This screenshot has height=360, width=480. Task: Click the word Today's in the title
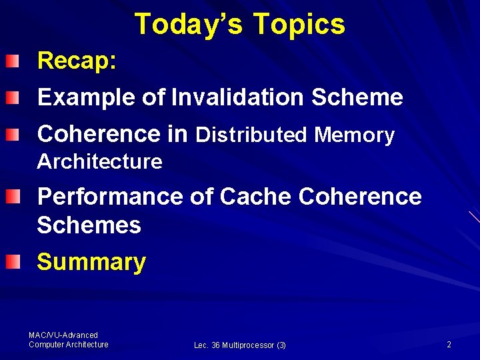pyautogui.click(x=189, y=24)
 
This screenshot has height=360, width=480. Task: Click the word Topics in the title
pyautogui.click(x=299, y=25)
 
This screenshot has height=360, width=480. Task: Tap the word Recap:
pyautogui.click(x=77, y=61)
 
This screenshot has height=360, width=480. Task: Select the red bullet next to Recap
pyautogui.click(x=13, y=63)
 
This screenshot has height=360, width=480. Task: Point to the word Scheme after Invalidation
pyautogui.click(x=357, y=98)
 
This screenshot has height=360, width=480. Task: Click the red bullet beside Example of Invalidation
pyautogui.click(x=13, y=99)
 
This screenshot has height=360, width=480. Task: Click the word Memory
pyautogui.click(x=355, y=135)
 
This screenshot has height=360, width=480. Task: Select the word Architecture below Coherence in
pyautogui.click(x=100, y=161)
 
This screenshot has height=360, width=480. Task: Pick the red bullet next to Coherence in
pyautogui.click(x=13, y=135)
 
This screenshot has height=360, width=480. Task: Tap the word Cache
pyautogui.click(x=255, y=197)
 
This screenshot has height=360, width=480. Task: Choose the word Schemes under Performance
pyautogui.click(x=89, y=226)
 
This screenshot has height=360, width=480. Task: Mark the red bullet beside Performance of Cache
pyautogui.click(x=13, y=197)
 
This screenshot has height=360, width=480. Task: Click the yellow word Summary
pyautogui.click(x=91, y=262)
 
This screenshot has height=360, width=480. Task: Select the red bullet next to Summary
pyautogui.click(x=13, y=263)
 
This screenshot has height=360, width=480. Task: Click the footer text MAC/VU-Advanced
pyautogui.click(x=63, y=335)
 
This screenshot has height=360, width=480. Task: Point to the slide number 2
pyautogui.click(x=449, y=345)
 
